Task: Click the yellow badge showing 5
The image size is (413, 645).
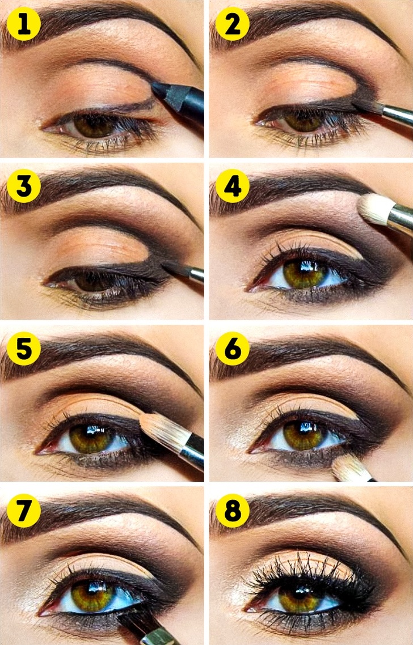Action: point(23,348)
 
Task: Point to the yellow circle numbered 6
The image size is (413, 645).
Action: point(232,348)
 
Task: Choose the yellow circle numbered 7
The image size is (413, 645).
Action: point(23,511)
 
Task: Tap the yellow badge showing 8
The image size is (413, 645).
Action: point(232,511)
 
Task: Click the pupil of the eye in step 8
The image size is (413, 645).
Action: point(300,593)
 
